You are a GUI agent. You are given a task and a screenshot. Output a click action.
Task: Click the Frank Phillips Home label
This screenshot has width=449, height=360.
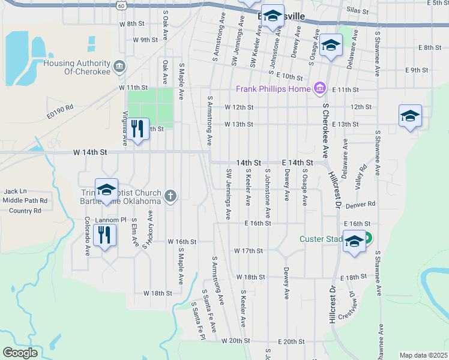273,89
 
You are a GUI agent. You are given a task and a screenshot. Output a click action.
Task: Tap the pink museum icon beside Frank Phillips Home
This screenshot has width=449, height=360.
319,89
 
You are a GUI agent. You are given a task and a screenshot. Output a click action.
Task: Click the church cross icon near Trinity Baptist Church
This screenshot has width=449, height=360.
171,196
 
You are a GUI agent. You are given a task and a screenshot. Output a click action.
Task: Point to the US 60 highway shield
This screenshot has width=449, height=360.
122,5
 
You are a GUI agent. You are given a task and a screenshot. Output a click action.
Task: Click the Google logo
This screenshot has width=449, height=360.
20,353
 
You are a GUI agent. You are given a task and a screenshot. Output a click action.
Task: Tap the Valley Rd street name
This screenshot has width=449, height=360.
361,177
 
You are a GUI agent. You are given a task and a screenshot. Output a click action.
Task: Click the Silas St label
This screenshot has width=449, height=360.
357,11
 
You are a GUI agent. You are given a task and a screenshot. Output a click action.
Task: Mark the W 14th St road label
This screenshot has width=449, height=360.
90,153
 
